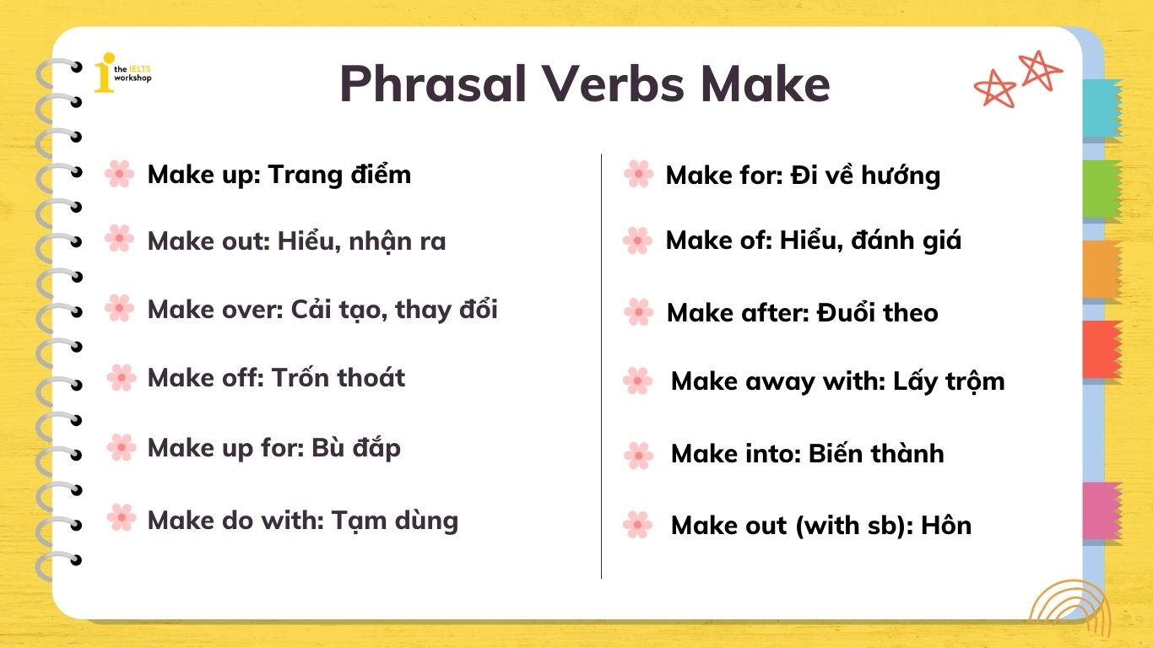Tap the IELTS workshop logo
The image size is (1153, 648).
122,73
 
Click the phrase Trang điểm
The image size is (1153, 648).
339,175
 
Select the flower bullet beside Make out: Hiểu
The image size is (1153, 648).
119,240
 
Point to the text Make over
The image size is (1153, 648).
214,310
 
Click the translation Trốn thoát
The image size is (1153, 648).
338,377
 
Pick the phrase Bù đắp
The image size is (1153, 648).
355,447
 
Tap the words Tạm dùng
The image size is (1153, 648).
394,520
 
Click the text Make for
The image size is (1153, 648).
723,175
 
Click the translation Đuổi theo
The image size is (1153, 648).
878,313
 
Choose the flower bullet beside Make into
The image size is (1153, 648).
638,455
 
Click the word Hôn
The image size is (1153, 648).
946,526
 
